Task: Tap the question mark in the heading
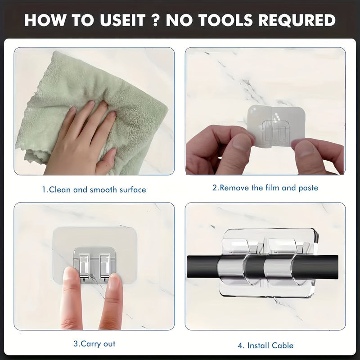click(155, 20)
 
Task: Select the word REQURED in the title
click(297, 20)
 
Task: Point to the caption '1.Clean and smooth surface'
click(94, 189)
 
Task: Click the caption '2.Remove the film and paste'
click(265, 188)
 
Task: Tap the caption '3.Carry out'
click(94, 344)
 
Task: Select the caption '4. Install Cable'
click(265, 346)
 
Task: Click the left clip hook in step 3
click(84, 266)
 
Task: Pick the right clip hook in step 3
click(105, 266)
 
